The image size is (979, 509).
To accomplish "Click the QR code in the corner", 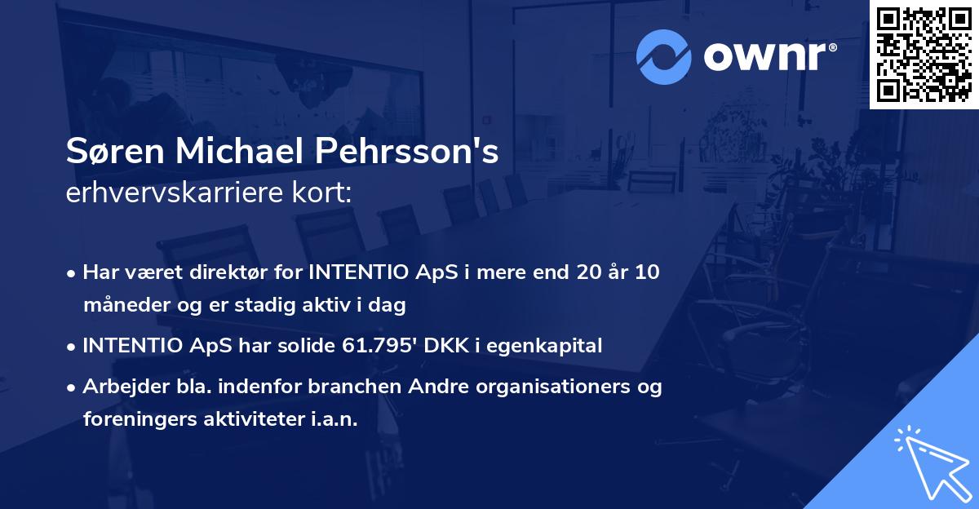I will (x=924, y=54).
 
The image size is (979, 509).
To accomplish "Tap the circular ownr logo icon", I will (x=664, y=56).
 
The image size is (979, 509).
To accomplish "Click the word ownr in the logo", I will (x=768, y=56).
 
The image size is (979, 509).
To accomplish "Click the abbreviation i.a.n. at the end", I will (x=333, y=419).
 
